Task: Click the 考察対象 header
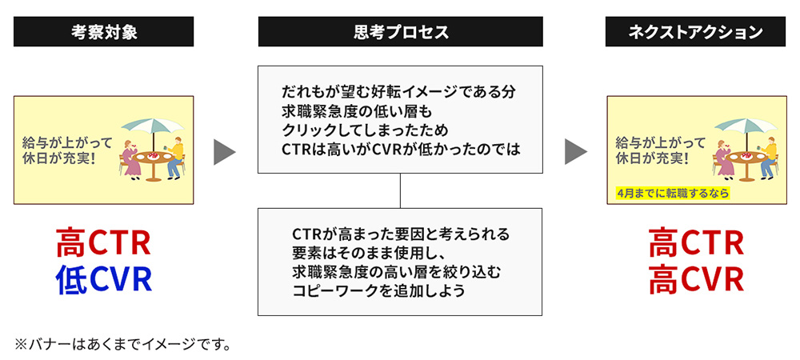pyautogui.click(x=103, y=32)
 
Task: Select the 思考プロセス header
pyautogui.click(x=400, y=32)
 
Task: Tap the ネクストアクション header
pyautogui.click(x=695, y=32)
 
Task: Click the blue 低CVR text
pyautogui.click(x=103, y=279)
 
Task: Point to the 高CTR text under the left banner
pyautogui.click(x=103, y=242)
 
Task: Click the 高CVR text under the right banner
pyautogui.click(x=695, y=279)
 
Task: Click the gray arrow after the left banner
pyautogui.click(x=225, y=151)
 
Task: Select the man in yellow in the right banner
pyautogui.click(x=768, y=156)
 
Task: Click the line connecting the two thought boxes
pyautogui.click(x=400, y=190)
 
